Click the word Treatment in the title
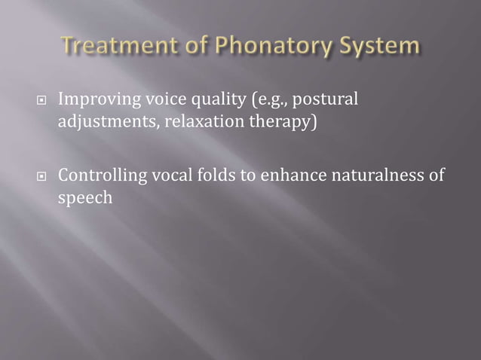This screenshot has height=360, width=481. pos(114,47)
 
